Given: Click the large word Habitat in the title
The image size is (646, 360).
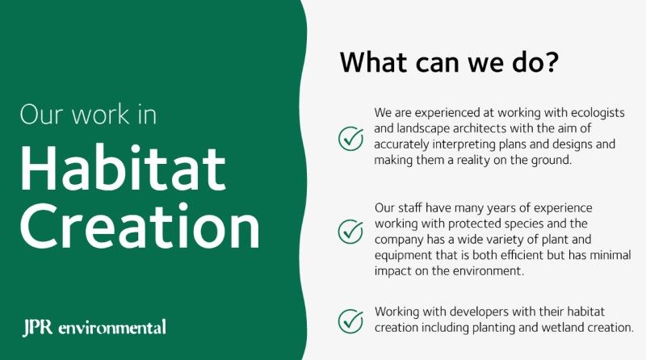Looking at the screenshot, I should pos(122,170).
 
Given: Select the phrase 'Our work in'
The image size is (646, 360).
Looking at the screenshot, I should pos(88,114).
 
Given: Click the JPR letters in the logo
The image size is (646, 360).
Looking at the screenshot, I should pos(38,328).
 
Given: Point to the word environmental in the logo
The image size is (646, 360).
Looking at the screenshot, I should pos(112,328).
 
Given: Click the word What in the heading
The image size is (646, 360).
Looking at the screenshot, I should pos(371,63).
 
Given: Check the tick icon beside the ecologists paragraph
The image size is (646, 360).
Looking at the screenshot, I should pos(350,138).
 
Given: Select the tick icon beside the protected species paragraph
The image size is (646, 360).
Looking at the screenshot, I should pos(350,231).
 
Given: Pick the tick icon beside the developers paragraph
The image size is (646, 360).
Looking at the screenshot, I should pos(350,320).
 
